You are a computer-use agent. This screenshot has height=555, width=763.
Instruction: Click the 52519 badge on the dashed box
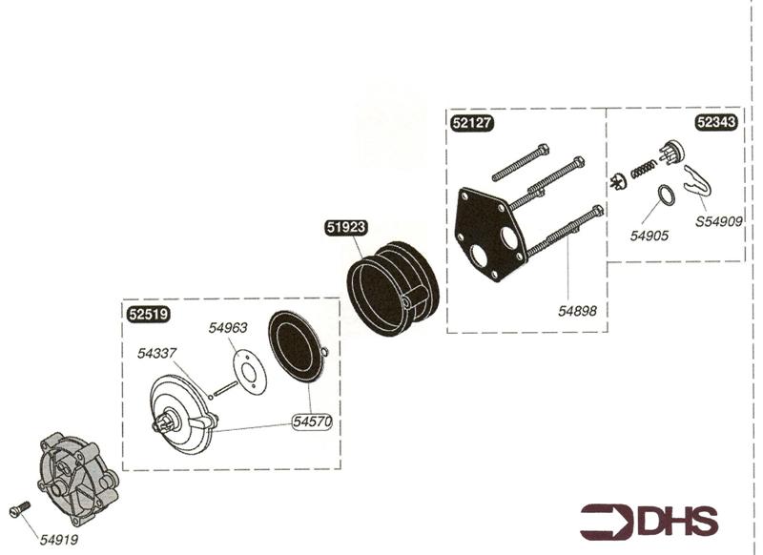(146, 312)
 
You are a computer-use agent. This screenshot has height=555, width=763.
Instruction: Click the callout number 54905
(649, 235)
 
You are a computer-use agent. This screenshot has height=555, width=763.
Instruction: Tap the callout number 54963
(228, 327)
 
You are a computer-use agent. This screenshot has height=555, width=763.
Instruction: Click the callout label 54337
(157, 352)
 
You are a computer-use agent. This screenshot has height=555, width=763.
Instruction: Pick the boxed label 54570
(314, 421)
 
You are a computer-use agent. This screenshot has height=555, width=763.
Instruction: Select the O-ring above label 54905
(668, 195)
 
